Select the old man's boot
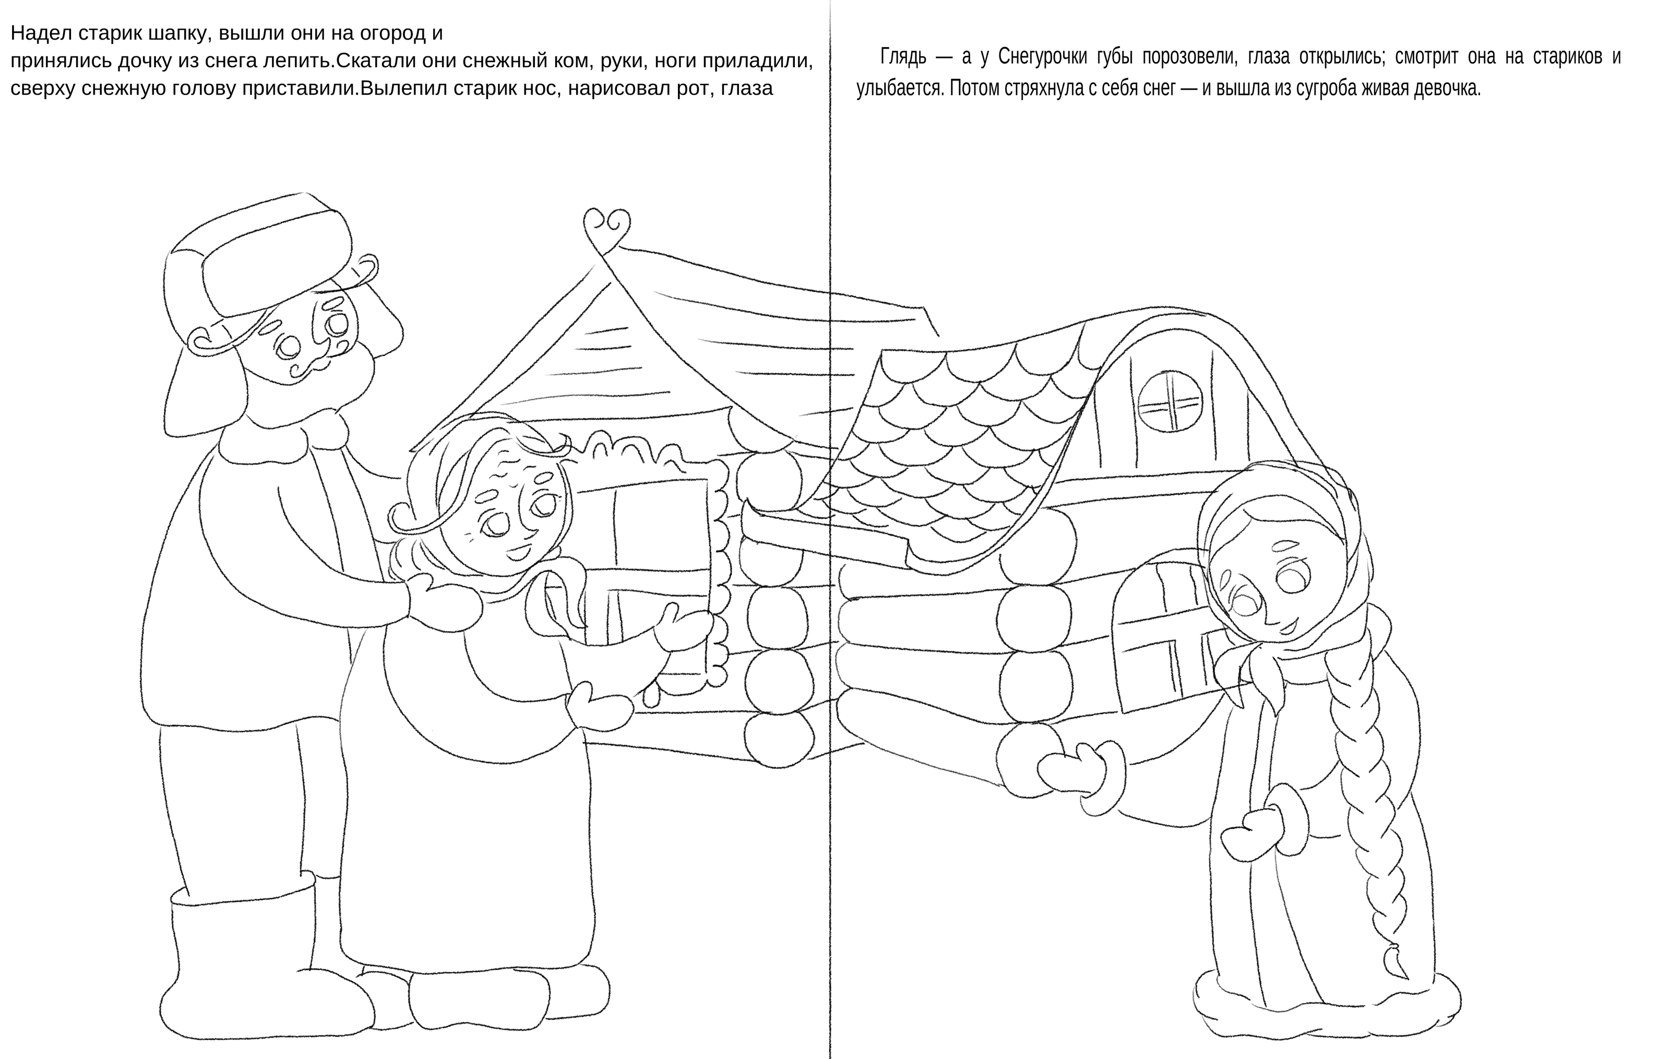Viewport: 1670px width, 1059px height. pos(243,964)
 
